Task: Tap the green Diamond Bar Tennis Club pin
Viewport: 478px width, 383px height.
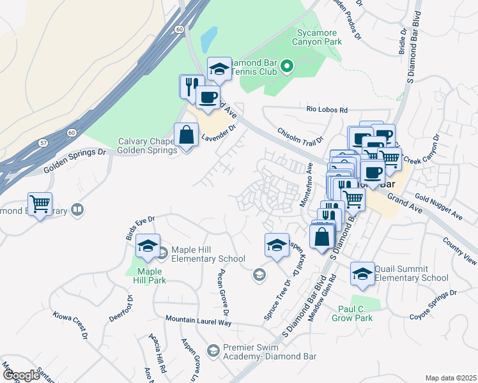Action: (287, 66)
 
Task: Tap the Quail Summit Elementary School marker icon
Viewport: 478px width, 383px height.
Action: (362, 273)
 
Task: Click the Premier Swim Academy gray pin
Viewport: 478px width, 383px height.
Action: (213, 349)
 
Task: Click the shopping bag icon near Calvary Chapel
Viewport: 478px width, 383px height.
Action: (186, 135)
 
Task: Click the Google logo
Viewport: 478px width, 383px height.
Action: (21, 375)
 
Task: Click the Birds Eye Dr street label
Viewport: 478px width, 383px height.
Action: (140, 228)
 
